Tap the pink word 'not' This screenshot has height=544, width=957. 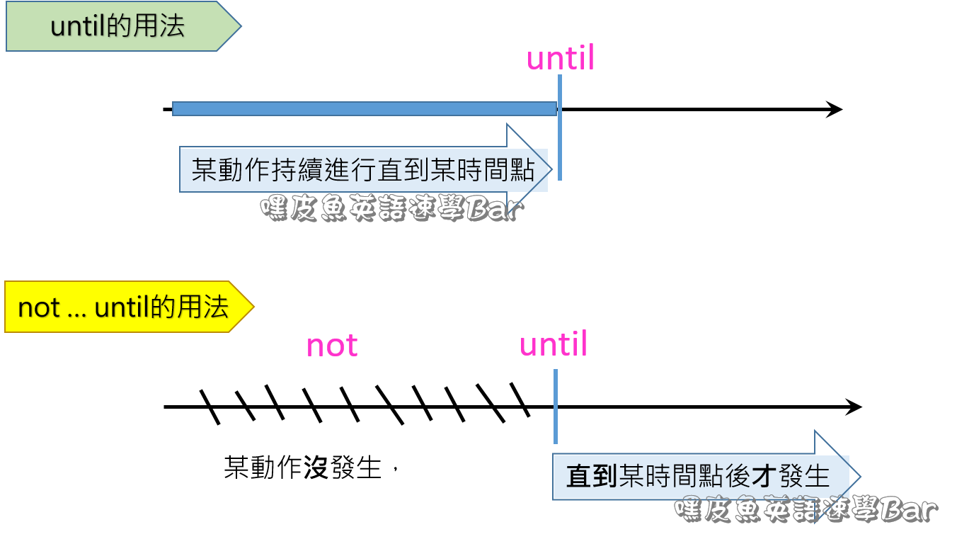332,346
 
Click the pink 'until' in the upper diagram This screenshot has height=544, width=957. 561,58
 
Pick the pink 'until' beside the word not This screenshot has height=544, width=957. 554,344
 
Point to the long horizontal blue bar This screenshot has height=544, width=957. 364,108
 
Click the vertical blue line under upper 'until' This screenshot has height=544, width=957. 560,127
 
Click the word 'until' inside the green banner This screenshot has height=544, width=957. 78,26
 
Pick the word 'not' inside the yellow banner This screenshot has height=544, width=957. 38,307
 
